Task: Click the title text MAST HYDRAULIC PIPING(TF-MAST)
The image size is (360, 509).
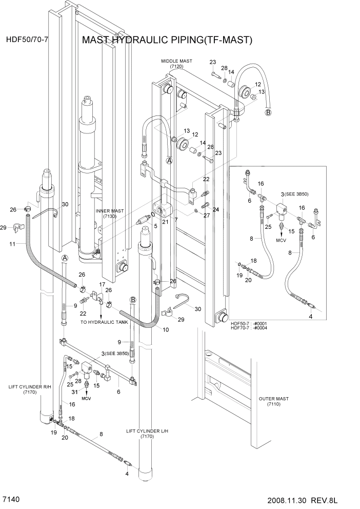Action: [168, 41]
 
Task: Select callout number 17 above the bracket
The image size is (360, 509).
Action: [102, 284]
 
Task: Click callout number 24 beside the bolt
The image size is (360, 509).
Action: [216, 209]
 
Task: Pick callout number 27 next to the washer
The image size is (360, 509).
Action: [207, 216]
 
